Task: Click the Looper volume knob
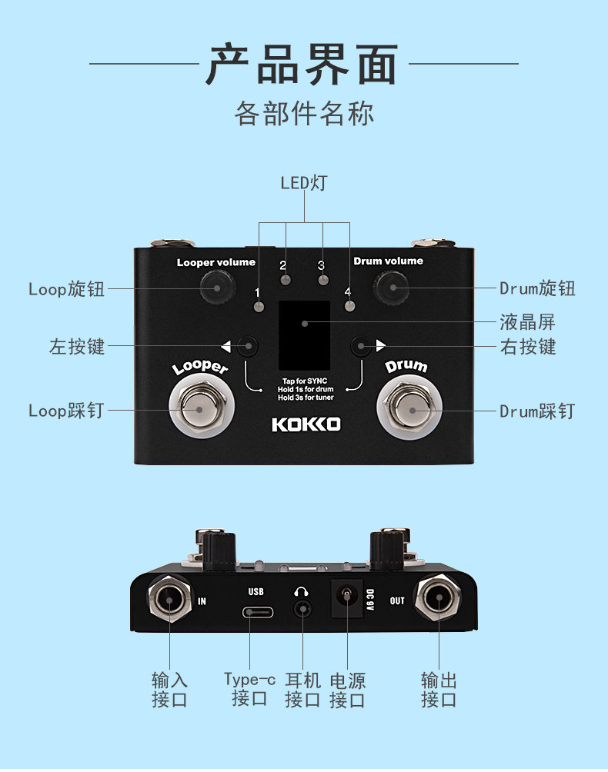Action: pos(216,289)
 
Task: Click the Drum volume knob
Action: pos(393,288)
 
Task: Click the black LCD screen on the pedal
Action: pos(304,334)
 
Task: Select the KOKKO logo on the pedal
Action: pos(306,424)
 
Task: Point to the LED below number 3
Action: pos(323,281)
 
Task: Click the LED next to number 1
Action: pos(258,307)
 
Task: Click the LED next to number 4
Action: pos(349,306)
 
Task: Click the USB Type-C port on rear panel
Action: pos(256,613)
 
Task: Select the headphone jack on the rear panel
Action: pos(303,611)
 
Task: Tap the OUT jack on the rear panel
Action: pos(439,600)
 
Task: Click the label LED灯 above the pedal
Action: pos(303,183)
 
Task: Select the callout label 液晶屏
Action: pos(527,322)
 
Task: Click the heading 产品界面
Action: pos(303,65)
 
